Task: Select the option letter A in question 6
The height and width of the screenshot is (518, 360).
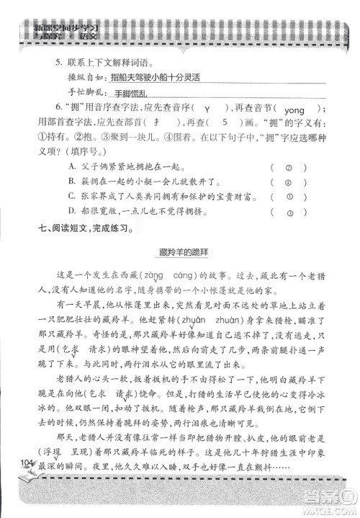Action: coord(71,165)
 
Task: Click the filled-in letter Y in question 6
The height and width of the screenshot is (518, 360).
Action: coord(207,109)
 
